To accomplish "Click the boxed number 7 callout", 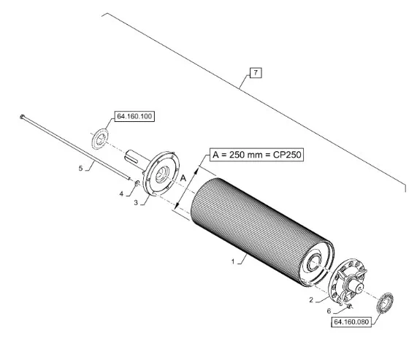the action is click(256, 73).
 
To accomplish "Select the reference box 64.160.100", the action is click(134, 116).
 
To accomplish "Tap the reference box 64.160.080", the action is click(351, 322).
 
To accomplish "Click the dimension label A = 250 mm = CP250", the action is click(257, 155).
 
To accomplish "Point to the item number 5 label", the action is click(80, 168).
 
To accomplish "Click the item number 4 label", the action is click(121, 194).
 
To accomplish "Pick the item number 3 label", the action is click(136, 203).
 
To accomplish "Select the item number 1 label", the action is click(233, 262).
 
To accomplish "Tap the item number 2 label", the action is click(311, 300).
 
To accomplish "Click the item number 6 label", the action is click(329, 311).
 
